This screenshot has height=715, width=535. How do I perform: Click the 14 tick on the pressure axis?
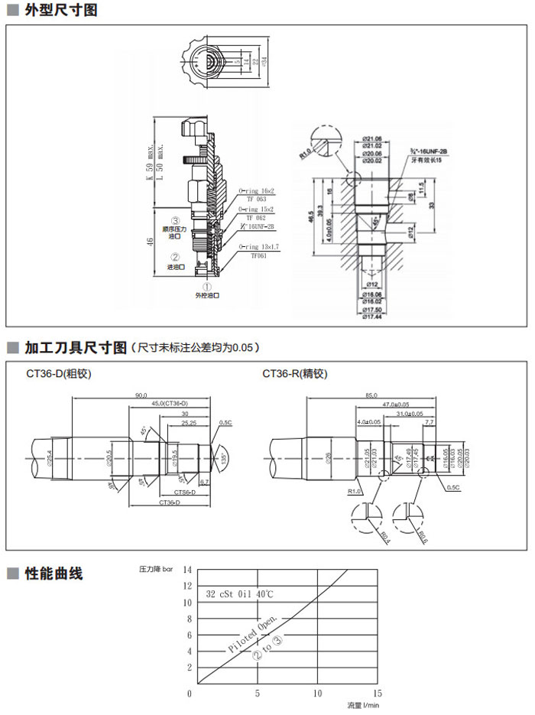click(188, 570)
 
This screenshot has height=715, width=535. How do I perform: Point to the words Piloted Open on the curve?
click(253, 634)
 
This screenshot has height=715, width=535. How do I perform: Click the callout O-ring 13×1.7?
click(258, 246)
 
